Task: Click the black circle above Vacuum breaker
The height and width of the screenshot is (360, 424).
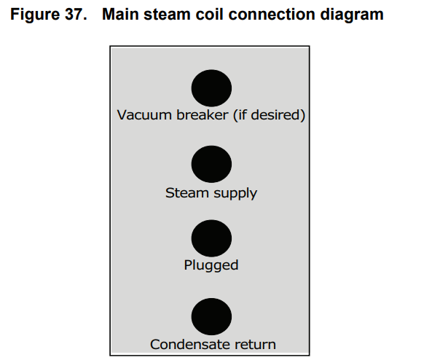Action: [x=211, y=88]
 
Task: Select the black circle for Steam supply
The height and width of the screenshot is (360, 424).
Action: [x=211, y=164]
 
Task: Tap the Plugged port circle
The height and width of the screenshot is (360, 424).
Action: [x=211, y=238]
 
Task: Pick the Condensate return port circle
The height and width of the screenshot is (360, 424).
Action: [x=211, y=317]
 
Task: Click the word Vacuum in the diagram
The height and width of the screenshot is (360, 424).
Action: [x=145, y=115]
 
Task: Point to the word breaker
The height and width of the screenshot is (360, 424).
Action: [x=203, y=115]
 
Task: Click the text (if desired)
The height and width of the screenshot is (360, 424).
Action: [x=269, y=115]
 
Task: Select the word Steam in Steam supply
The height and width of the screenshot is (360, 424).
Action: [x=187, y=193]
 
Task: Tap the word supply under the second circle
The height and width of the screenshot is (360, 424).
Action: [x=235, y=194]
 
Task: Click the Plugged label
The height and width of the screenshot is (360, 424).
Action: [x=211, y=265]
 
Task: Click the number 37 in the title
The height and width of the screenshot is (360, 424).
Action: [x=74, y=14]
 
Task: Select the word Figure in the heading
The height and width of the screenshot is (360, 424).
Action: [x=35, y=15]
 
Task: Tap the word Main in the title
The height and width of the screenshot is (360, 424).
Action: [x=120, y=14]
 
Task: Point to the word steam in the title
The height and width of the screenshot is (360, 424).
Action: [x=167, y=15]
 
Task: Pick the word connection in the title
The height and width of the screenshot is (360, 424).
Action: [x=272, y=15]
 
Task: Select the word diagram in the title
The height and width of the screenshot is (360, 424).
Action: [x=352, y=15]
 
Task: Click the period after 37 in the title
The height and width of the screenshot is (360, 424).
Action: [x=85, y=19]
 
